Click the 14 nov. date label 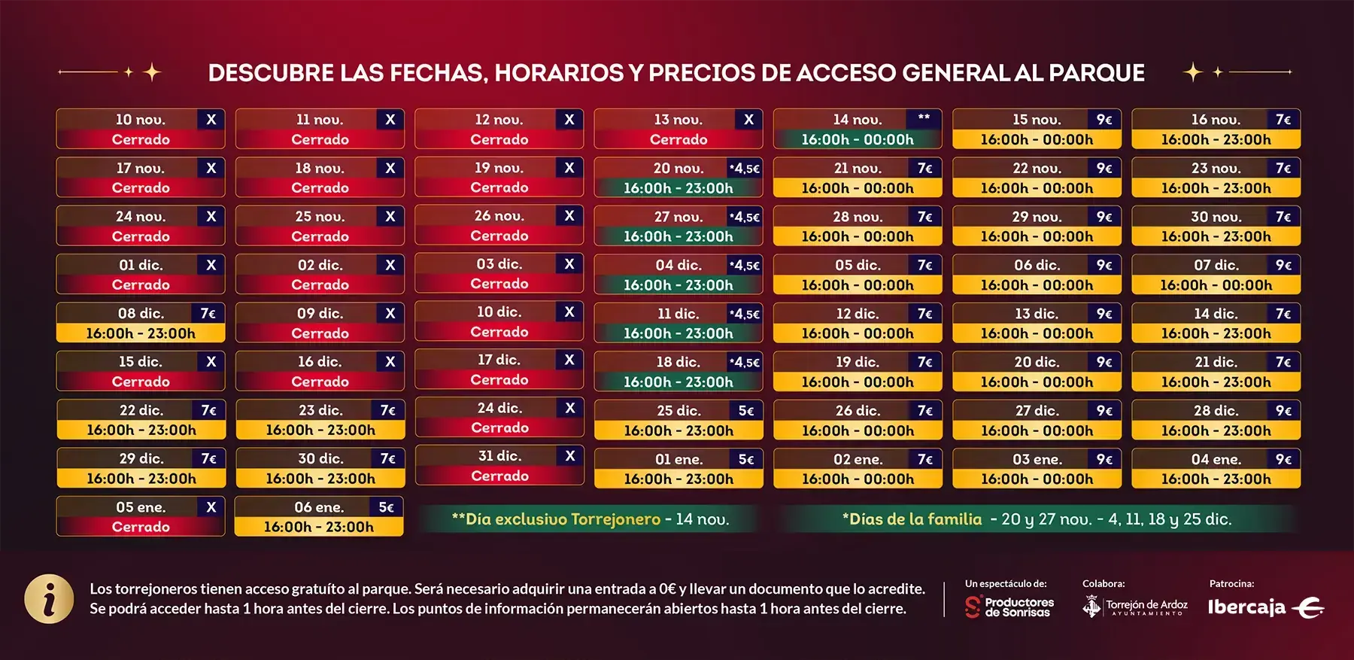[857, 120]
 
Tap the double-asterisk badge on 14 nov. [924, 118]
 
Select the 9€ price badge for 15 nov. [1104, 120]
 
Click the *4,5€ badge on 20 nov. [744, 169]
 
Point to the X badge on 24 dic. [569, 408]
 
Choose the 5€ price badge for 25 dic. [745, 411]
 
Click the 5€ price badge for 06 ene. [386, 507]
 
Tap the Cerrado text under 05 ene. [141, 527]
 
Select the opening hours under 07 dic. [1216, 285]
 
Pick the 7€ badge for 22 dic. [208, 410]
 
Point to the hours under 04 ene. [1216, 479]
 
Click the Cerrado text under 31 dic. [499, 476]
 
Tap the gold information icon [49, 600]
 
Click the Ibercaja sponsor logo [1265, 607]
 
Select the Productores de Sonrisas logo [1009, 607]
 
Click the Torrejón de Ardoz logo [1135, 606]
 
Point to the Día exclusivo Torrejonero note [590, 519]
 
